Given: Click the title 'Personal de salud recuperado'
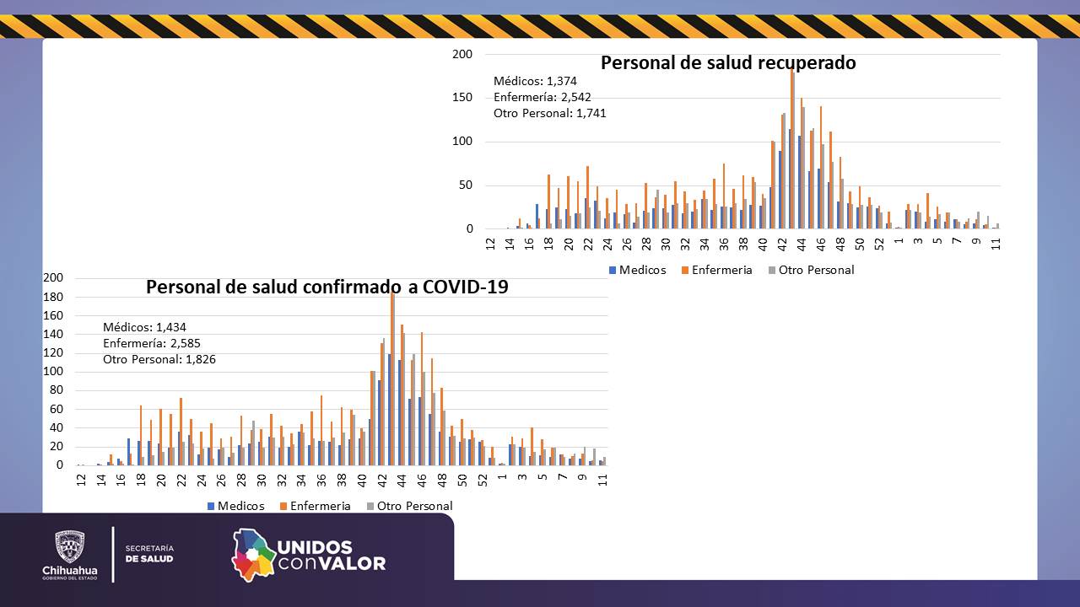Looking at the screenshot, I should point(727,63).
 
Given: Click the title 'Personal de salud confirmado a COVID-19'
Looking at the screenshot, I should point(327,287).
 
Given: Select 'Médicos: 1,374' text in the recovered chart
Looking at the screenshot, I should point(535,81).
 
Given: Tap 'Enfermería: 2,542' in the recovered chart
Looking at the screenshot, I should point(542,97).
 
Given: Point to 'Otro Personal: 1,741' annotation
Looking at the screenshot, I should point(549,113).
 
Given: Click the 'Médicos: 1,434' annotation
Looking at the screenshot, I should point(144,327).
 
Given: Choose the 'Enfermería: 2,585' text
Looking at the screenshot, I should point(152,343).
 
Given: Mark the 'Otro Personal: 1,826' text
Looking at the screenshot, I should point(159,359).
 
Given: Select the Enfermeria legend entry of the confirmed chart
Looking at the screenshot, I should point(314,506).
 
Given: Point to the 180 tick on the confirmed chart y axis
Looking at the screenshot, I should point(53,297).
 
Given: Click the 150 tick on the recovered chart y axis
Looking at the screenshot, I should point(462,98).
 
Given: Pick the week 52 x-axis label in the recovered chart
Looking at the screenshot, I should point(880,243).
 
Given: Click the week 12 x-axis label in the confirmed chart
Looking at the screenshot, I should point(81,479).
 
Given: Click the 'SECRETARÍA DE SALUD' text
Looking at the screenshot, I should point(149,553).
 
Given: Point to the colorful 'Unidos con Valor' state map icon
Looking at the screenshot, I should point(254,554).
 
